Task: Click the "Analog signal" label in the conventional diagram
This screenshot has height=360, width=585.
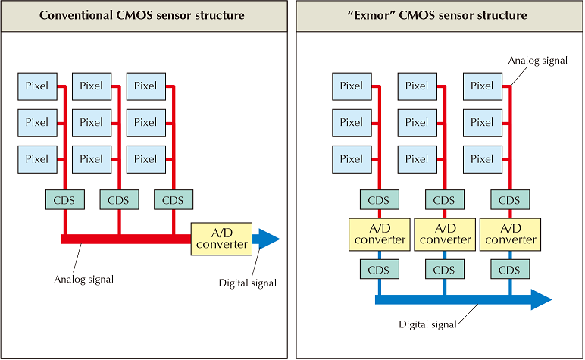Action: click(x=84, y=280)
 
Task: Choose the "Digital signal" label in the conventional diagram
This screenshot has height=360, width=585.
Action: click(x=247, y=283)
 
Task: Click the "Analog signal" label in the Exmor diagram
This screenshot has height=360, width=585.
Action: click(x=538, y=61)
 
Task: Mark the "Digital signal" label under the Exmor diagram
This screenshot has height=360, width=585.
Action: click(x=427, y=324)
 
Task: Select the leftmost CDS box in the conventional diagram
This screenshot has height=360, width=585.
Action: click(x=64, y=200)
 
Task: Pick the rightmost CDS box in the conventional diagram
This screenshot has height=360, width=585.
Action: click(x=174, y=200)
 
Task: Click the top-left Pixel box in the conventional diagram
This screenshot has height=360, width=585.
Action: click(x=37, y=86)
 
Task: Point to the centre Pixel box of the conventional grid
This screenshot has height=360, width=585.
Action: click(x=91, y=123)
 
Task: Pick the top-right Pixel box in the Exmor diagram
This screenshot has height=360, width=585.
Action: click(x=482, y=86)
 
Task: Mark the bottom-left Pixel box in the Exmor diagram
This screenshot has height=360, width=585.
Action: click(x=352, y=159)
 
